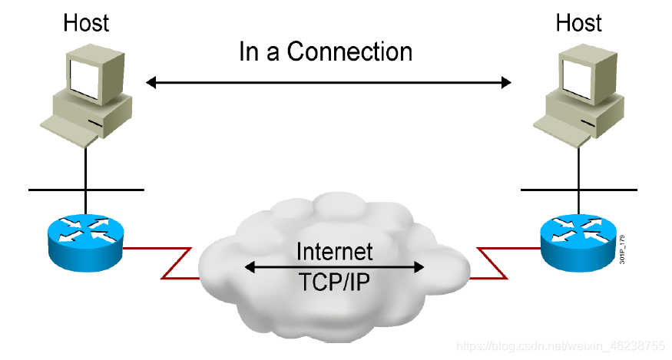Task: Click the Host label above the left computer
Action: [x=85, y=22]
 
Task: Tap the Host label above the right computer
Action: [x=578, y=22]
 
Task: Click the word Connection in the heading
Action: [x=349, y=52]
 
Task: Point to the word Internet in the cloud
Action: [x=334, y=251]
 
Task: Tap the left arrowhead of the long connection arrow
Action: [x=151, y=81]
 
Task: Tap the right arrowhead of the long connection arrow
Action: [x=506, y=81]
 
